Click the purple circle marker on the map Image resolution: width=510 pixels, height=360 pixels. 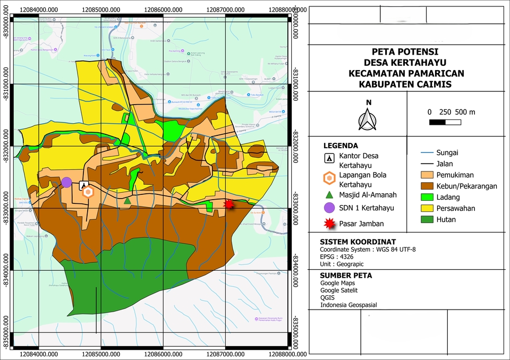coord(66,182)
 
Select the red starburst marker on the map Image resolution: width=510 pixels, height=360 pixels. coord(229,204)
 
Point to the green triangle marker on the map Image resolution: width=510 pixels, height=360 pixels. coord(127,200)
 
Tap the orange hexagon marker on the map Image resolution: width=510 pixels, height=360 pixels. coord(88,192)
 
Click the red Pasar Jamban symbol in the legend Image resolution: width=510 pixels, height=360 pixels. coord(330,224)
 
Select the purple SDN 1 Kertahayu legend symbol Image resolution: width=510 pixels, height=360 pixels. coord(329,208)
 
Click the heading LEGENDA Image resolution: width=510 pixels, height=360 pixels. coord(341,145)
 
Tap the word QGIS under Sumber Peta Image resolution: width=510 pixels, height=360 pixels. coord(328,298)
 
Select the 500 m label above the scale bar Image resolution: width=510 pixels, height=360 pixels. coord(465,112)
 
